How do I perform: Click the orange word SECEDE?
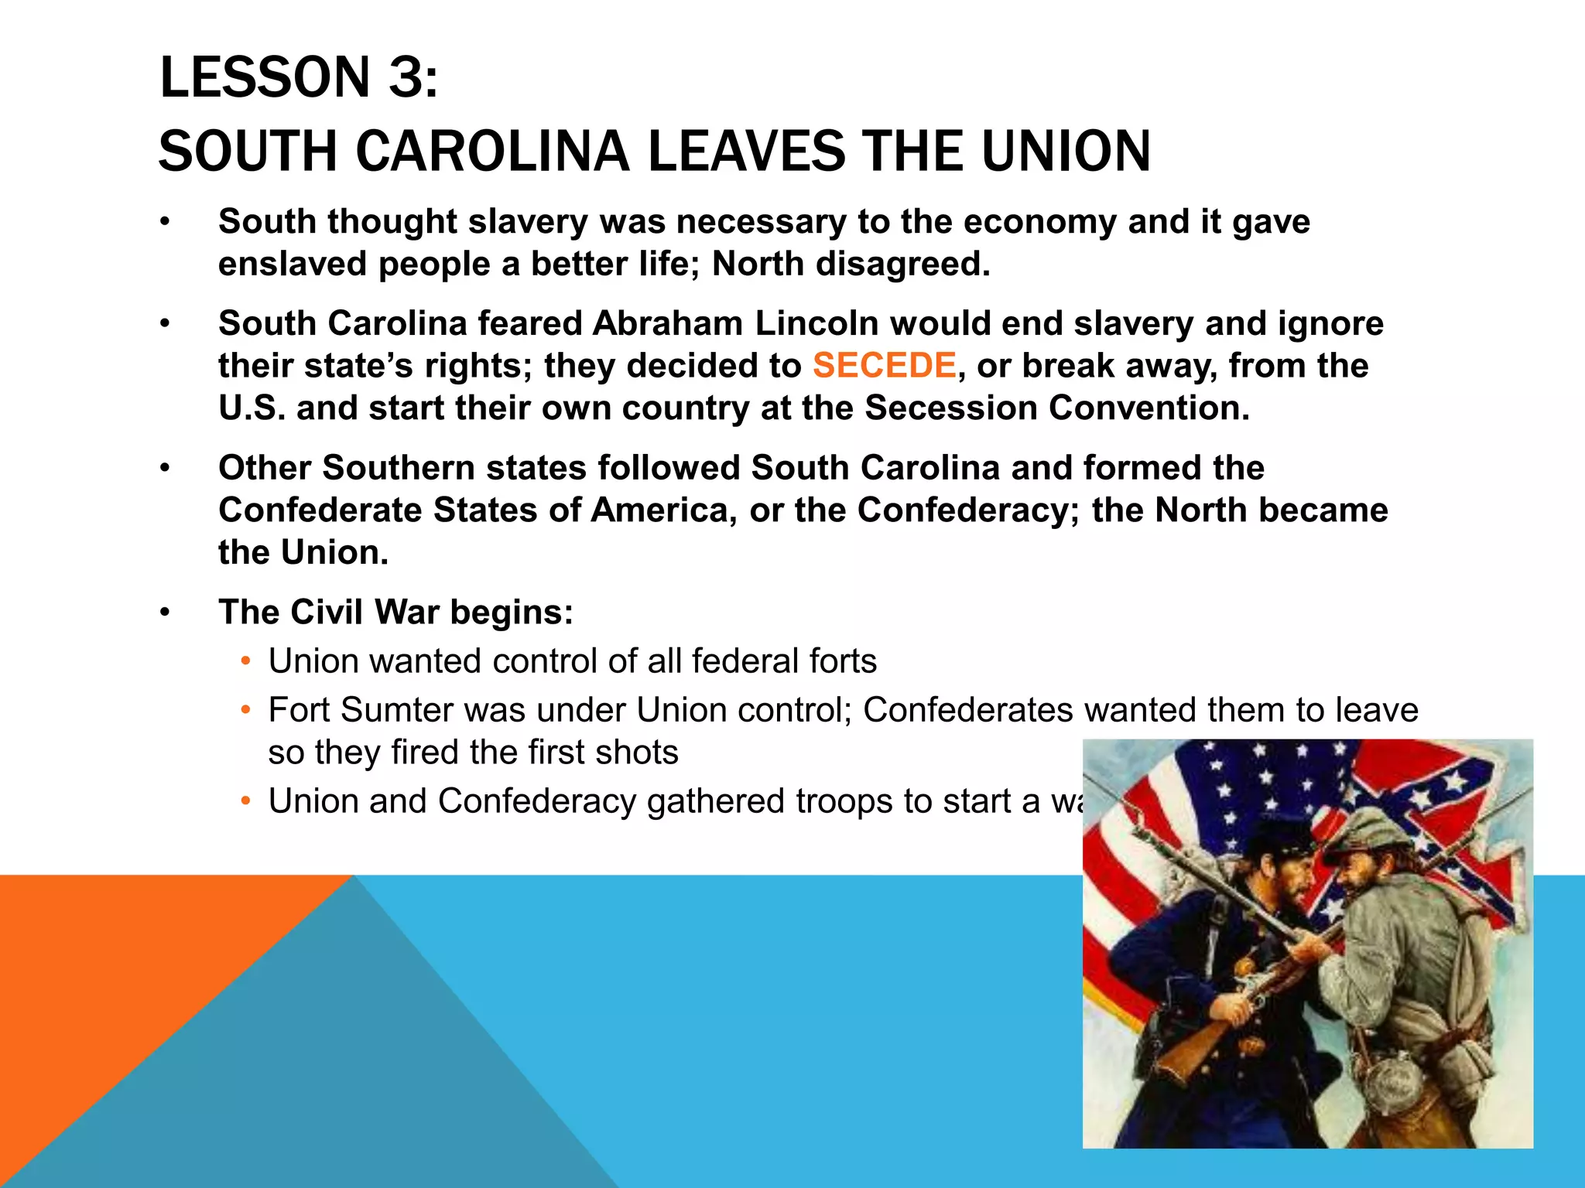884,365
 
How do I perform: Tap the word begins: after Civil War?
512,612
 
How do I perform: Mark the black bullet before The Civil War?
164,613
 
